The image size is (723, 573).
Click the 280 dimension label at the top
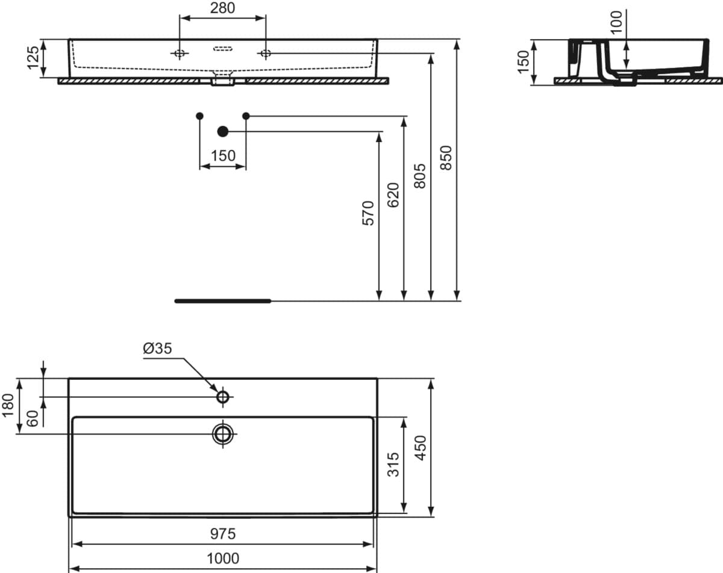222,8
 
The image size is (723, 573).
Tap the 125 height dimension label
33,58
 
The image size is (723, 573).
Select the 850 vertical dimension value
446,158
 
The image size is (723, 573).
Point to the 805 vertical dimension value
419,176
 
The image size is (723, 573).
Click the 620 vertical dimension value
393,195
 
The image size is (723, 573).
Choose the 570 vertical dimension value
368,213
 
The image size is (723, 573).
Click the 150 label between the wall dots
223,156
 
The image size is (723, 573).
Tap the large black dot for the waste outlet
223,132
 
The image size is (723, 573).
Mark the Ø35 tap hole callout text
157,348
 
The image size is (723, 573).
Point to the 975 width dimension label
223,534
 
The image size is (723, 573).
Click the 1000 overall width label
223,559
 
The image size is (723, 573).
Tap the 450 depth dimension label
421,448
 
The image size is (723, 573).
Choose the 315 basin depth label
393,465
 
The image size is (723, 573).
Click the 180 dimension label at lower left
8,406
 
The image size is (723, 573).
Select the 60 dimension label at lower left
33,418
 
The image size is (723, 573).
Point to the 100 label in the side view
616,22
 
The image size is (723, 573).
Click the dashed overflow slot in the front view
223,49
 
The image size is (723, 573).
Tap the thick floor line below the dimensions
223,301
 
